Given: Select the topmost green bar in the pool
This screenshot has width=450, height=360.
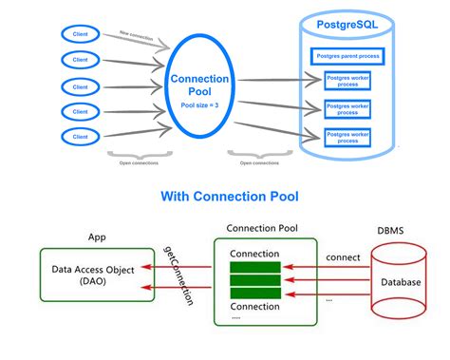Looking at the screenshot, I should point(255,267).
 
